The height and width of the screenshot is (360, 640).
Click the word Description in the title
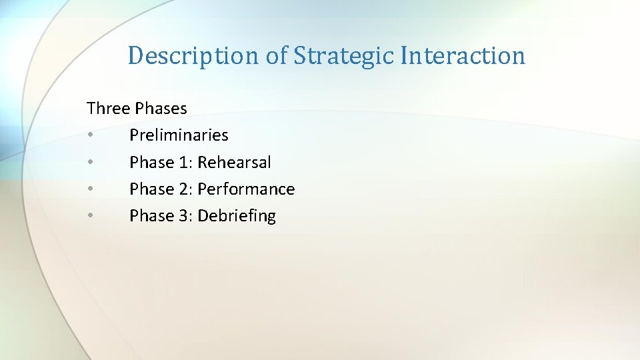pyautogui.click(x=194, y=56)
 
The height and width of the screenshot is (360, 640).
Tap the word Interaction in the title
pyautogui.click(x=463, y=56)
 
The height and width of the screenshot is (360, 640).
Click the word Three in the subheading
pyautogui.click(x=109, y=108)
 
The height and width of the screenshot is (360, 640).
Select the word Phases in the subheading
pyautogui.click(x=161, y=108)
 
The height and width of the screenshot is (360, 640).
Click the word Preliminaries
pyautogui.click(x=179, y=135)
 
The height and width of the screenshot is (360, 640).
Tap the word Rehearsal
pyautogui.click(x=235, y=163)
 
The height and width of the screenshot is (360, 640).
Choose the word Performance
pyautogui.click(x=246, y=189)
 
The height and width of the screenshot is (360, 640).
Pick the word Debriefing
pyautogui.click(x=237, y=216)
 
